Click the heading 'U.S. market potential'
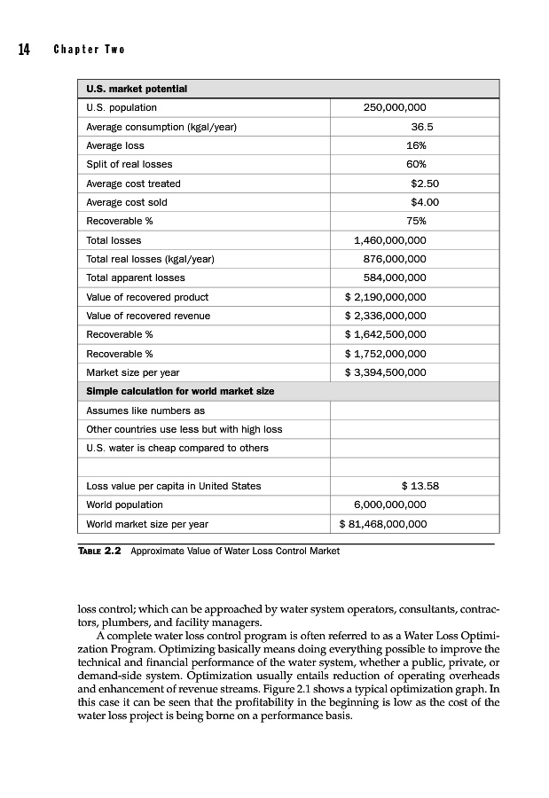tap(136, 90)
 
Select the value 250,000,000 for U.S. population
tap(395, 108)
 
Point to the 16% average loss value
tap(416, 145)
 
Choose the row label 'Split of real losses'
tap(129, 164)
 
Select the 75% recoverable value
tap(416, 221)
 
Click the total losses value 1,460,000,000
tap(389, 240)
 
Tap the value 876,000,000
tap(395, 259)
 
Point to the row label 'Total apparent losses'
tap(135, 278)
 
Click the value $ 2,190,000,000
tap(385, 297)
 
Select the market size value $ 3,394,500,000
tap(385, 372)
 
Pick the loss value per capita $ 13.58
tap(420, 486)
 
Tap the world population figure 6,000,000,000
tap(389, 505)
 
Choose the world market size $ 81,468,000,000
tap(383, 524)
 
